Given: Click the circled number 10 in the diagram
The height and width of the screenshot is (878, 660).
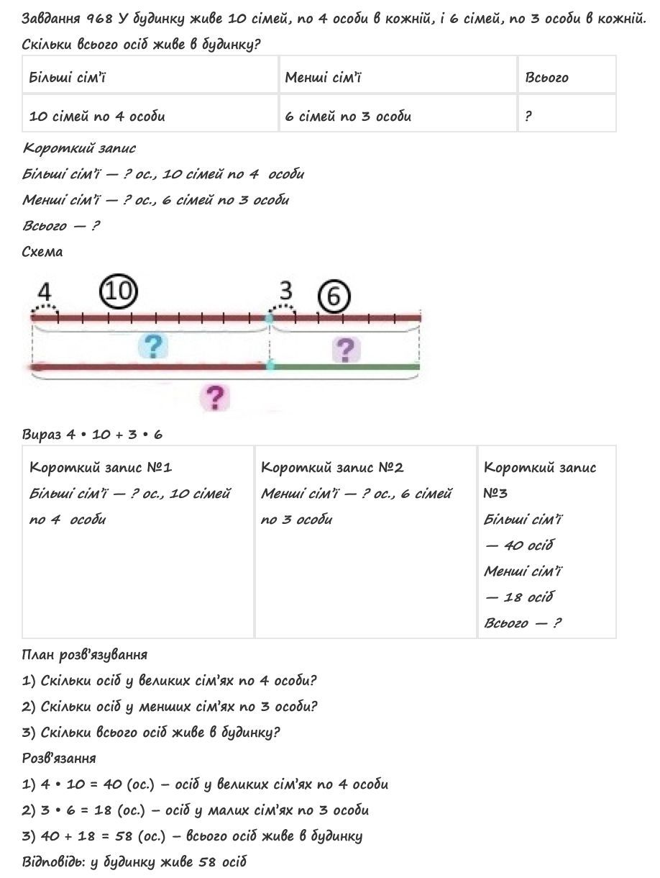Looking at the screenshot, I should tap(119, 291).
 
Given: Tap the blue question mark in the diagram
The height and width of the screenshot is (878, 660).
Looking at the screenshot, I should tap(152, 346).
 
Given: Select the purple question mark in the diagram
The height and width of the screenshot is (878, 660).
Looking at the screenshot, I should tap(346, 350).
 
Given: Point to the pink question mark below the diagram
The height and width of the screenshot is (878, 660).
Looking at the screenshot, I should tap(214, 397).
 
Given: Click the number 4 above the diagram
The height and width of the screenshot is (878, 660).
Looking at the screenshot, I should tap(45, 293).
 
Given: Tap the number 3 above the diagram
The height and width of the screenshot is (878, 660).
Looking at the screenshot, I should tap(286, 291).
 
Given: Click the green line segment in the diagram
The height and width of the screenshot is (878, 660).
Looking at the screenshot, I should tap(345, 367).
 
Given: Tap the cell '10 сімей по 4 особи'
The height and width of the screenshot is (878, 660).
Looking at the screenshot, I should tap(97, 116).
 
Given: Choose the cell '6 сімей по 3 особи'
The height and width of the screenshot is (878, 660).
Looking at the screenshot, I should tap(348, 116).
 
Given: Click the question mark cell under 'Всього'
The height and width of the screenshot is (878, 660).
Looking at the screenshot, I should tap(528, 116).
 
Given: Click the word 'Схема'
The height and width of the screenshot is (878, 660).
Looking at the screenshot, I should tap(42, 252).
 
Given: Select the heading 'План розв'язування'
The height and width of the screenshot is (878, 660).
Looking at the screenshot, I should tap(85, 655).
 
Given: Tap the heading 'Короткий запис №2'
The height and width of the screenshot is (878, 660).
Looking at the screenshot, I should tap(332, 468).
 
